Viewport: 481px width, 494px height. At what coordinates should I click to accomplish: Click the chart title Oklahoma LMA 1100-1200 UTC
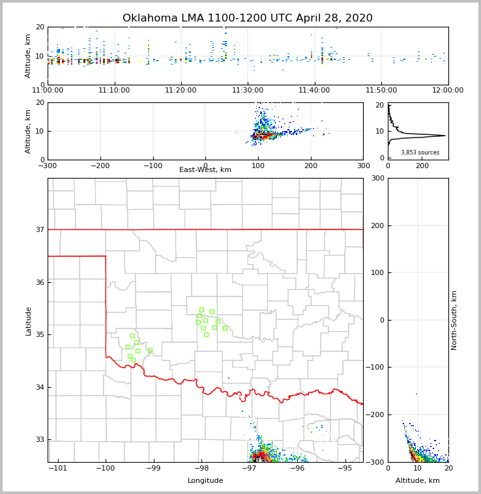248,18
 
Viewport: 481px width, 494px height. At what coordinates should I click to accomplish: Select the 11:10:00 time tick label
115,90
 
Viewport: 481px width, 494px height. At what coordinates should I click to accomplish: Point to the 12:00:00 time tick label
448,90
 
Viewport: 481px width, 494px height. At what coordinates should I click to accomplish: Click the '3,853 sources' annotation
420,153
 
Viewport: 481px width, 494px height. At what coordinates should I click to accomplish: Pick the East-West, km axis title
205,170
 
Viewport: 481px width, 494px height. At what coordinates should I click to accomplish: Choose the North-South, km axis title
454,320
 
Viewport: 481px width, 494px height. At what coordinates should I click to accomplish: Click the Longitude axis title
205,481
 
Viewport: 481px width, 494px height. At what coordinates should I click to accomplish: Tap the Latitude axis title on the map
28,321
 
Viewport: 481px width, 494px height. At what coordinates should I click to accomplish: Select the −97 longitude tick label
250,468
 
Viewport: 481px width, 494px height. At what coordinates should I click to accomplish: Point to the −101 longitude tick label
58,468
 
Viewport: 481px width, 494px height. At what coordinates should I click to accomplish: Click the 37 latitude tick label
39,229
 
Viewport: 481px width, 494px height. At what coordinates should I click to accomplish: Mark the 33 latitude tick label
39,440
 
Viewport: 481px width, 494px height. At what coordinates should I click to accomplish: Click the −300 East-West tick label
48,165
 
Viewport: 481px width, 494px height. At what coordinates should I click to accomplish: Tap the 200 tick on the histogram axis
422,166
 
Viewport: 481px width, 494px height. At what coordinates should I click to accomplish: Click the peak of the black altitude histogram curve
445,136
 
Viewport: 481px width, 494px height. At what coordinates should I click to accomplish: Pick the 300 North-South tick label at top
377,178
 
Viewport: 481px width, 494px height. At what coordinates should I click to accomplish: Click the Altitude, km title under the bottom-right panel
418,481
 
